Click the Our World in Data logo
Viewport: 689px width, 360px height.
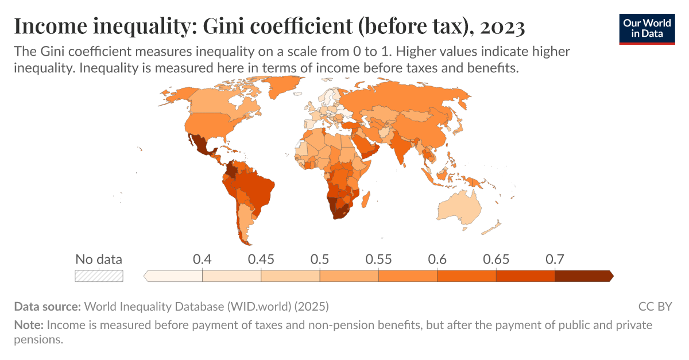pyautogui.click(x=647, y=29)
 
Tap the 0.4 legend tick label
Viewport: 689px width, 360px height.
pyautogui.click(x=202, y=259)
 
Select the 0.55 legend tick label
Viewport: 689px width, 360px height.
pyautogui.click(x=378, y=259)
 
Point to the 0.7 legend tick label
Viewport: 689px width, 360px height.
pyautogui.click(x=555, y=259)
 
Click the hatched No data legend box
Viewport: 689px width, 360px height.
pyautogui.click(x=99, y=276)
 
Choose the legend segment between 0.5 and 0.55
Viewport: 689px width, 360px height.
pyautogui.click(x=349, y=276)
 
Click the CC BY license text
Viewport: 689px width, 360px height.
pyautogui.click(x=655, y=306)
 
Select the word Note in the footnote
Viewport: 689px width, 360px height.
pyautogui.click(x=28, y=325)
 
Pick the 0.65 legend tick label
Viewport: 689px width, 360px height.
pyautogui.click(x=496, y=259)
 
